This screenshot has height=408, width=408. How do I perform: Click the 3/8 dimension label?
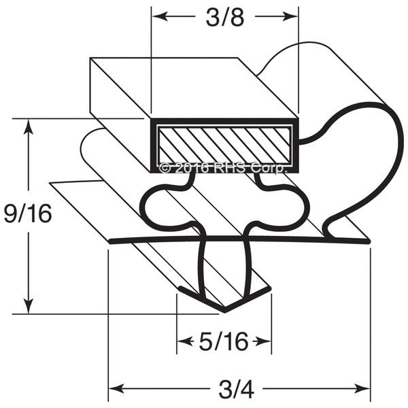coord(225,18)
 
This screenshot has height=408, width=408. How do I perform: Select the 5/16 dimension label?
coord(224,341)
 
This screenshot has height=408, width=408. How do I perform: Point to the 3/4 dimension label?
coord(236,390)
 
